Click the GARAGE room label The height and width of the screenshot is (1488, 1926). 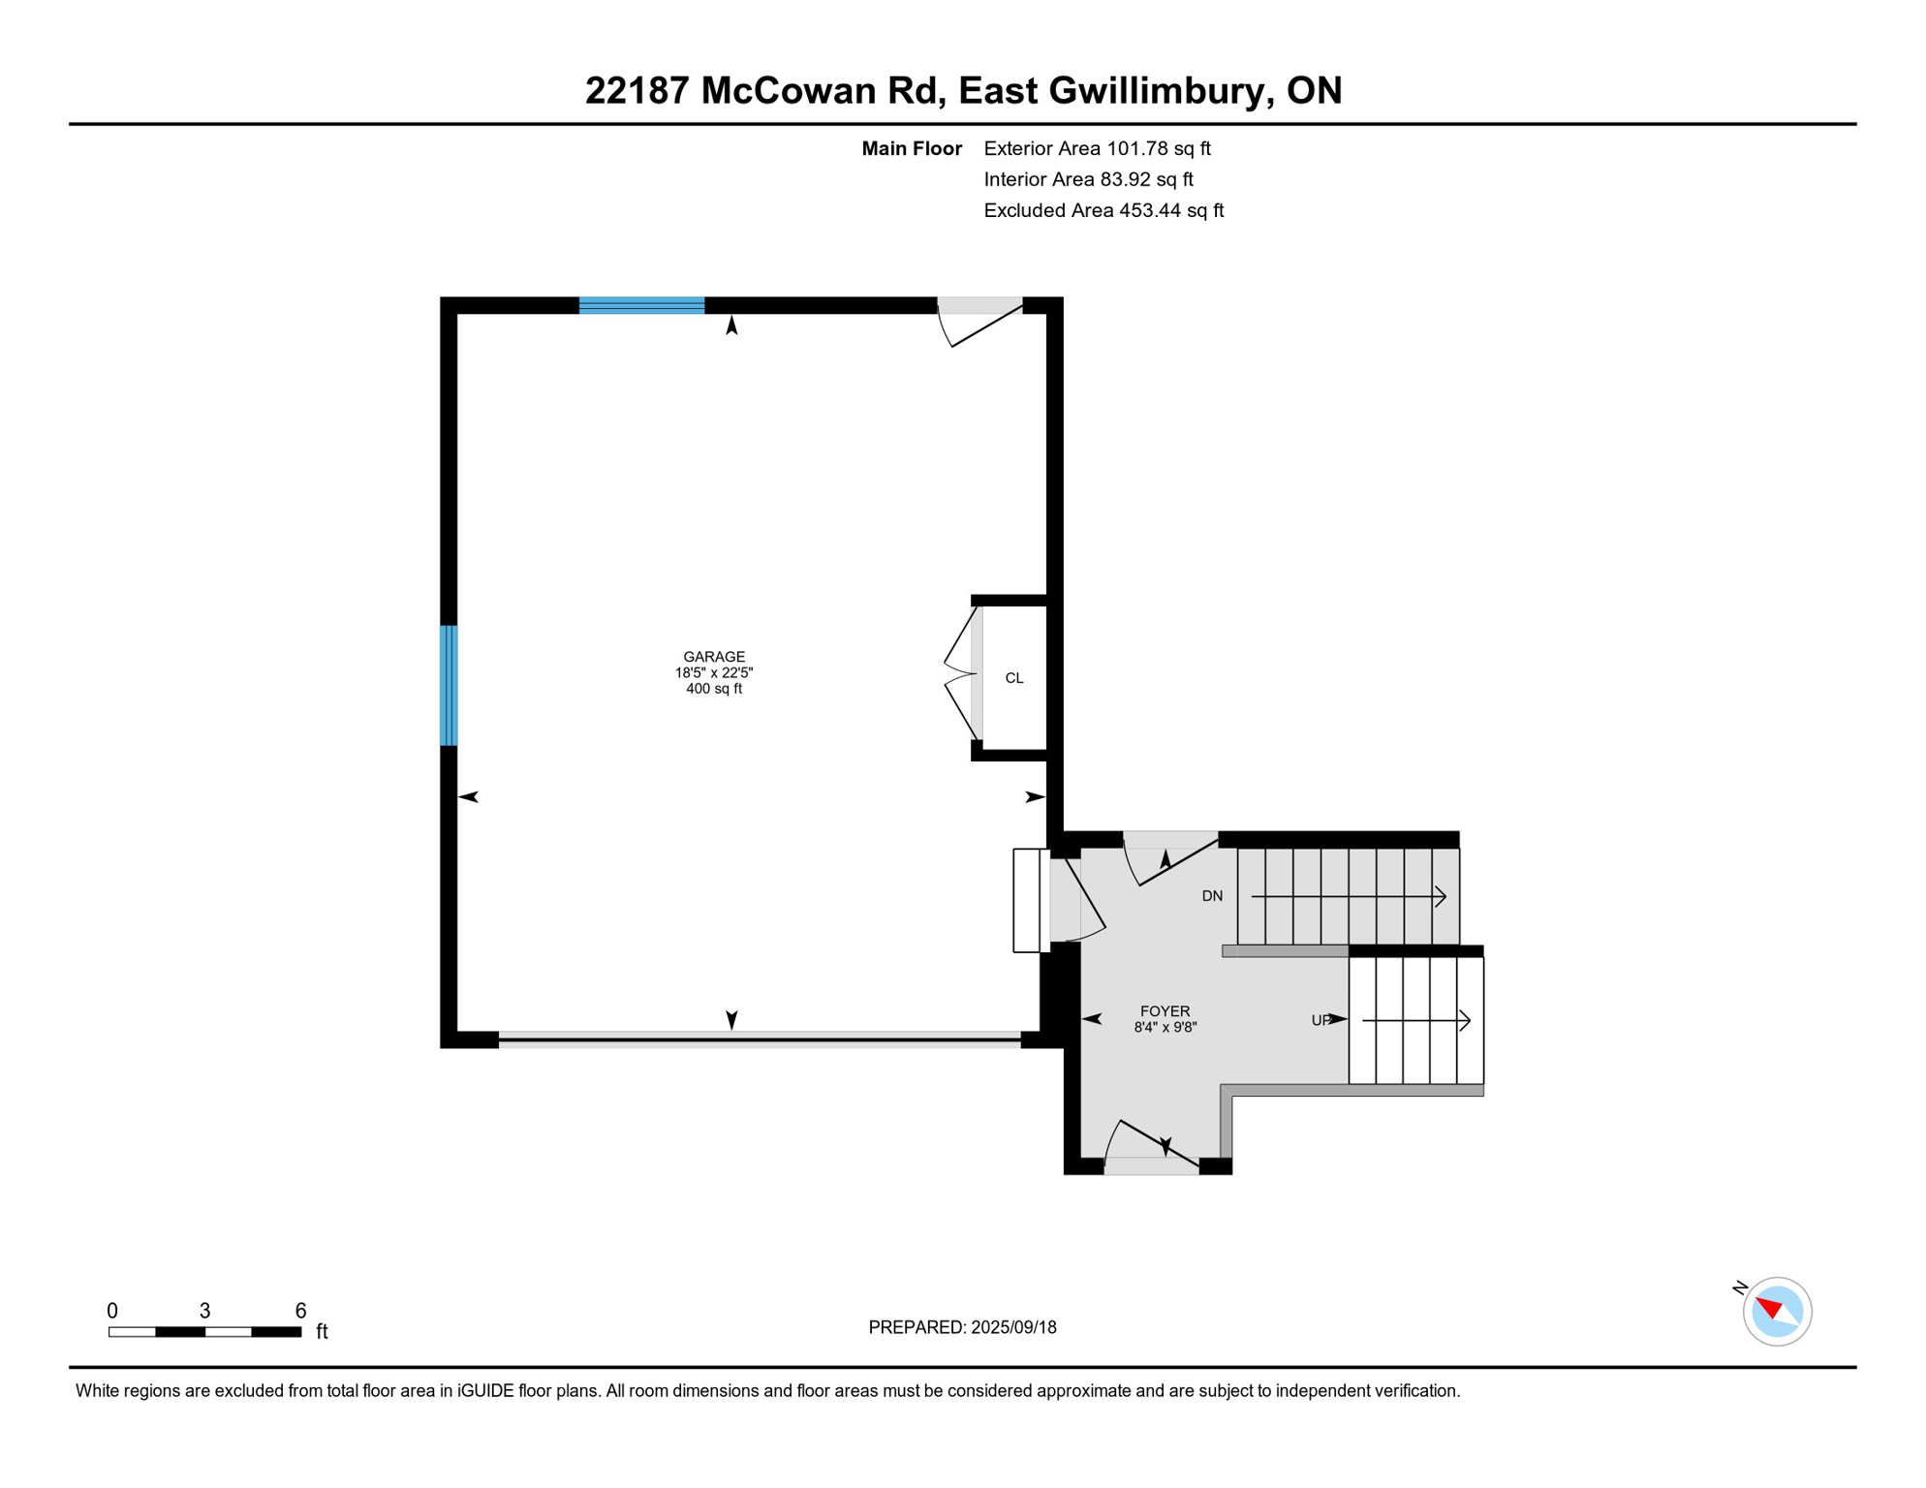(x=714, y=657)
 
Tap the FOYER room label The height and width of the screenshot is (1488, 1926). (x=1165, y=1011)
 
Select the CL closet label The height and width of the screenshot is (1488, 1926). (x=1013, y=678)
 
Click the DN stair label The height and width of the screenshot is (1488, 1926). (x=1212, y=896)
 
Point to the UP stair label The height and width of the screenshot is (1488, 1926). (x=1320, y=1020)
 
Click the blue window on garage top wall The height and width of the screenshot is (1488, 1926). (x=641, y=306)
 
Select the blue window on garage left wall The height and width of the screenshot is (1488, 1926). (x=449, y=686)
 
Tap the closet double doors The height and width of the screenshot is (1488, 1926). (x=961, y=674)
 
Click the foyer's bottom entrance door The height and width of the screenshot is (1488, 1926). (x=1152, y=1153)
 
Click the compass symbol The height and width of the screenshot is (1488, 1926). (x=1777, y=1312)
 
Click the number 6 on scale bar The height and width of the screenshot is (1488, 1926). (x=300, y=1311)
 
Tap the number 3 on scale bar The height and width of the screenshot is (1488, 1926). (x=204, y=1311)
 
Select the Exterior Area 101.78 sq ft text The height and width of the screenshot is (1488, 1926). (x=1097, y=148)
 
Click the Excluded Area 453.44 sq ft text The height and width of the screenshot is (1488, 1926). (x=1103, y=210)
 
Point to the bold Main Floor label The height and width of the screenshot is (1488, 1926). (x=912, y=148)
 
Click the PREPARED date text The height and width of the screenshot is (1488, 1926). (x=962, y=1327)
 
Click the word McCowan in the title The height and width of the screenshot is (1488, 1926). (x=789, y=90)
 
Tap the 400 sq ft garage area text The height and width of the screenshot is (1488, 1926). (x=714, y=689)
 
